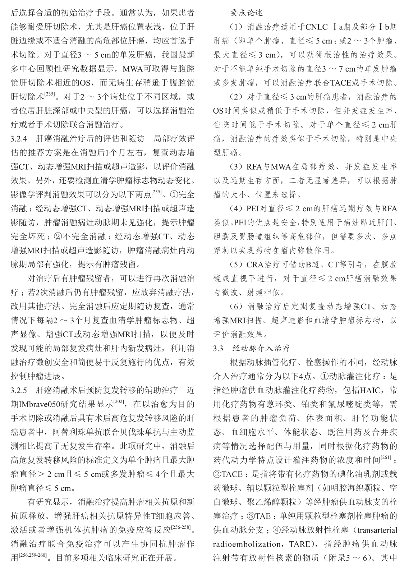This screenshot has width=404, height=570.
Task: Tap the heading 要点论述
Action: coord(246,13)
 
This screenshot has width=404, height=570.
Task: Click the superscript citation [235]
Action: coord(50,95)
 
